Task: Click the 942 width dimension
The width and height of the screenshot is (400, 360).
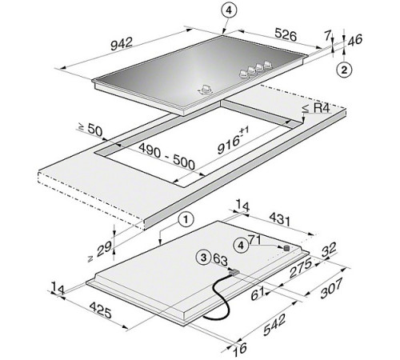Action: coord(122,44)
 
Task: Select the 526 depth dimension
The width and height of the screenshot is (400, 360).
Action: coord(286,34)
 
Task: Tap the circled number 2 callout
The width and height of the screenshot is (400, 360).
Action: coord(344,70)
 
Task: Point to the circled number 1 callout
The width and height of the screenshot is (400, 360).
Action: coord(186,220)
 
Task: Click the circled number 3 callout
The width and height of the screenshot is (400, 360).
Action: coord(203,258)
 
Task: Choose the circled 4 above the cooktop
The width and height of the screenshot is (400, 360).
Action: coord(229,10)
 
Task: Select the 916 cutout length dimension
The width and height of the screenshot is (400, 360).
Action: coord(233,141)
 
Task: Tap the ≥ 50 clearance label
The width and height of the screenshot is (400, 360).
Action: coord(90,129)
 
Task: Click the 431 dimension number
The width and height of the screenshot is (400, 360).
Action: coord(279,220)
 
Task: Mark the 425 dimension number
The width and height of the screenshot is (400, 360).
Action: coord(100,310)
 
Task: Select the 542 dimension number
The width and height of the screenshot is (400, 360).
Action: coord(275,324)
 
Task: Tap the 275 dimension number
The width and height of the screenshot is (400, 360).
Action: coord(301,268)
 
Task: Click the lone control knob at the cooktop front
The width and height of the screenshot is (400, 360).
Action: coord(206,90)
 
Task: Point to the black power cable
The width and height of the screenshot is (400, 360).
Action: coord(218,297)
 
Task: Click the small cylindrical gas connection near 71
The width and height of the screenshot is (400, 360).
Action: coord(286,248)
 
